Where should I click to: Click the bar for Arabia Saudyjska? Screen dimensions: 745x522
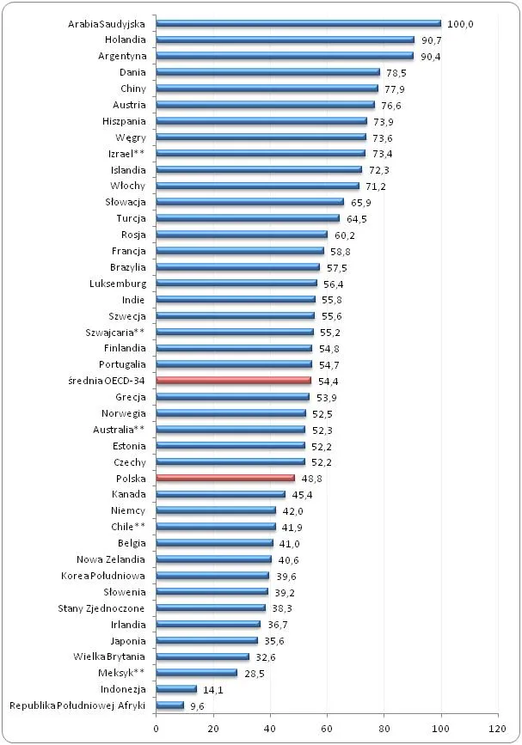coord(298,23)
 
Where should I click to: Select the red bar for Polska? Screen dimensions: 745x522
coord(225,478)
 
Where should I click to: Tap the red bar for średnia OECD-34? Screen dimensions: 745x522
coord(233,381)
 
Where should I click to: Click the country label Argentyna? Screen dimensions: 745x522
coord(121,56)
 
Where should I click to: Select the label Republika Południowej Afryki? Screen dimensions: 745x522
coord(77,705)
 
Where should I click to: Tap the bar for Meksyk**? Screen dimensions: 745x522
coord(196,673)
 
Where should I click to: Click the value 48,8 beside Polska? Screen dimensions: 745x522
coord(311,478)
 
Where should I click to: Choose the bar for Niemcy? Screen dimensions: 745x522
coord(216,510)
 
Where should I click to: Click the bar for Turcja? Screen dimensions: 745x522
coord(248,218)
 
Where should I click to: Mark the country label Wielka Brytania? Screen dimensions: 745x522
coord(108,656)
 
